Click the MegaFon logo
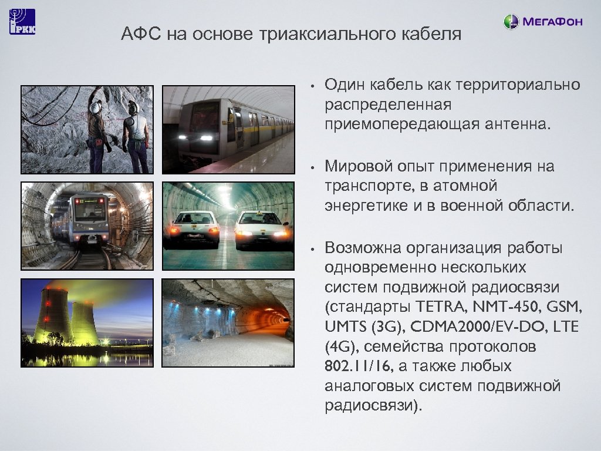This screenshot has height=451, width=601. [543, 22]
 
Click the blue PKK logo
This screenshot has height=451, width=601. [22, 22]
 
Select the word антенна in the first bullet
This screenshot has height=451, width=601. [514, 124]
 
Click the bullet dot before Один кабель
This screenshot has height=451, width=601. [315, 86]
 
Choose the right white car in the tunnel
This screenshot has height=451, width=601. [262, 228]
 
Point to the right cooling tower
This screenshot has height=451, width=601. [85, 324]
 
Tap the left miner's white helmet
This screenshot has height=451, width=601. [95, 106]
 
